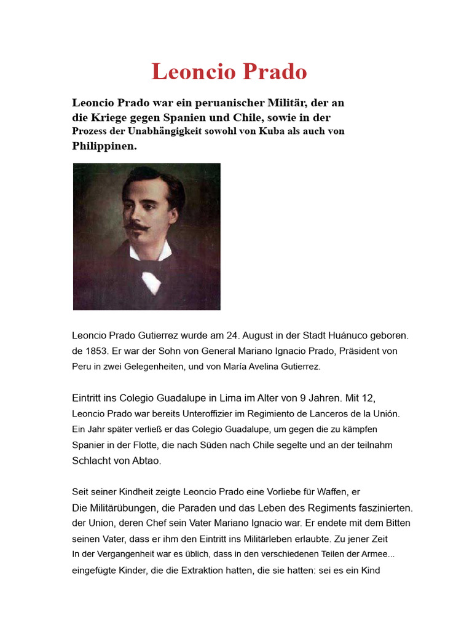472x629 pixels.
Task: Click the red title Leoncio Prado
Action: (x=229, y=72)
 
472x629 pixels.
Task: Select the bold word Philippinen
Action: (x=104, y=146)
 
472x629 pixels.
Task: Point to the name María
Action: (x=228, y=367)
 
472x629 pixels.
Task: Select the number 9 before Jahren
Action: (x=309, y=398)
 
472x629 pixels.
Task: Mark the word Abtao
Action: (x=146, y=461)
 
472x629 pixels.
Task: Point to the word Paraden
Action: (x=192, y=508)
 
